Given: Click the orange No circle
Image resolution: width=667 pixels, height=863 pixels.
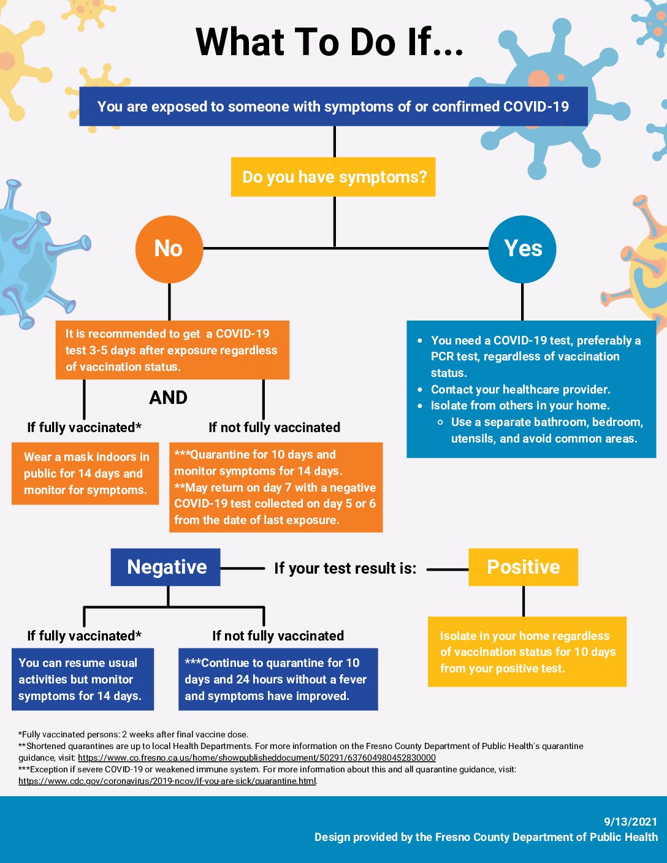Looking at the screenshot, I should (169, 249).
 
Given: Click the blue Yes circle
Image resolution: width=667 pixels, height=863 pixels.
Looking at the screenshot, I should (522, 249).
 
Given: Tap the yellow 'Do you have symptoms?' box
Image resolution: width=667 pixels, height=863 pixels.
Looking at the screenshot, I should (333, 177).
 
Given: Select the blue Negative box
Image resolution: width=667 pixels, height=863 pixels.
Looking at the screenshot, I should (166, 567).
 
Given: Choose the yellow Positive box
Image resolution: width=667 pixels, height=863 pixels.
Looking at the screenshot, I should (523, 567).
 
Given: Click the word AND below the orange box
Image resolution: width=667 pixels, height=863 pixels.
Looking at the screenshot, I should (169, 398).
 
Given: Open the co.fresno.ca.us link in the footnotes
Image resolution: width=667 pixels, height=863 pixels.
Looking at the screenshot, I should (257, 758).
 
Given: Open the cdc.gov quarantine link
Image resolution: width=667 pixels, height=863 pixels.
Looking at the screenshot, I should (167, 781).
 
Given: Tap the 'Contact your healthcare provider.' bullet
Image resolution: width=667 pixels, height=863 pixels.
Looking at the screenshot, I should (520, 389).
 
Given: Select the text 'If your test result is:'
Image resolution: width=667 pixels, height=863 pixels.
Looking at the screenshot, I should (345, 569).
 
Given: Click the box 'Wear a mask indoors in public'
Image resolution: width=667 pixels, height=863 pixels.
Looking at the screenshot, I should (85, 473).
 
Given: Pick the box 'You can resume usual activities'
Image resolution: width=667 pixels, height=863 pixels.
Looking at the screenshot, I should (83, 679).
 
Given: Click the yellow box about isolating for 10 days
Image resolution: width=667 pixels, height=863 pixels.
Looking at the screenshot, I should (527, 652).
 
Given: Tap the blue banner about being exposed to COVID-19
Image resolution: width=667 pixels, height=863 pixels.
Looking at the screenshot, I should (333, 107).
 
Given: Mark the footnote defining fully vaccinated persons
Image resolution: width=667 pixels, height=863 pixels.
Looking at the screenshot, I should (134, 734).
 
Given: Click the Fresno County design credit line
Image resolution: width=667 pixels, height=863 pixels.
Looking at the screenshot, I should (486, 837).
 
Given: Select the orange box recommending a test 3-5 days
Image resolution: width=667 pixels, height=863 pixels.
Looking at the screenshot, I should (172, 350).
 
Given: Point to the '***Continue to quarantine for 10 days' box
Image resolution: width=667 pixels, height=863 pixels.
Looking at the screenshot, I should (278, 679).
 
